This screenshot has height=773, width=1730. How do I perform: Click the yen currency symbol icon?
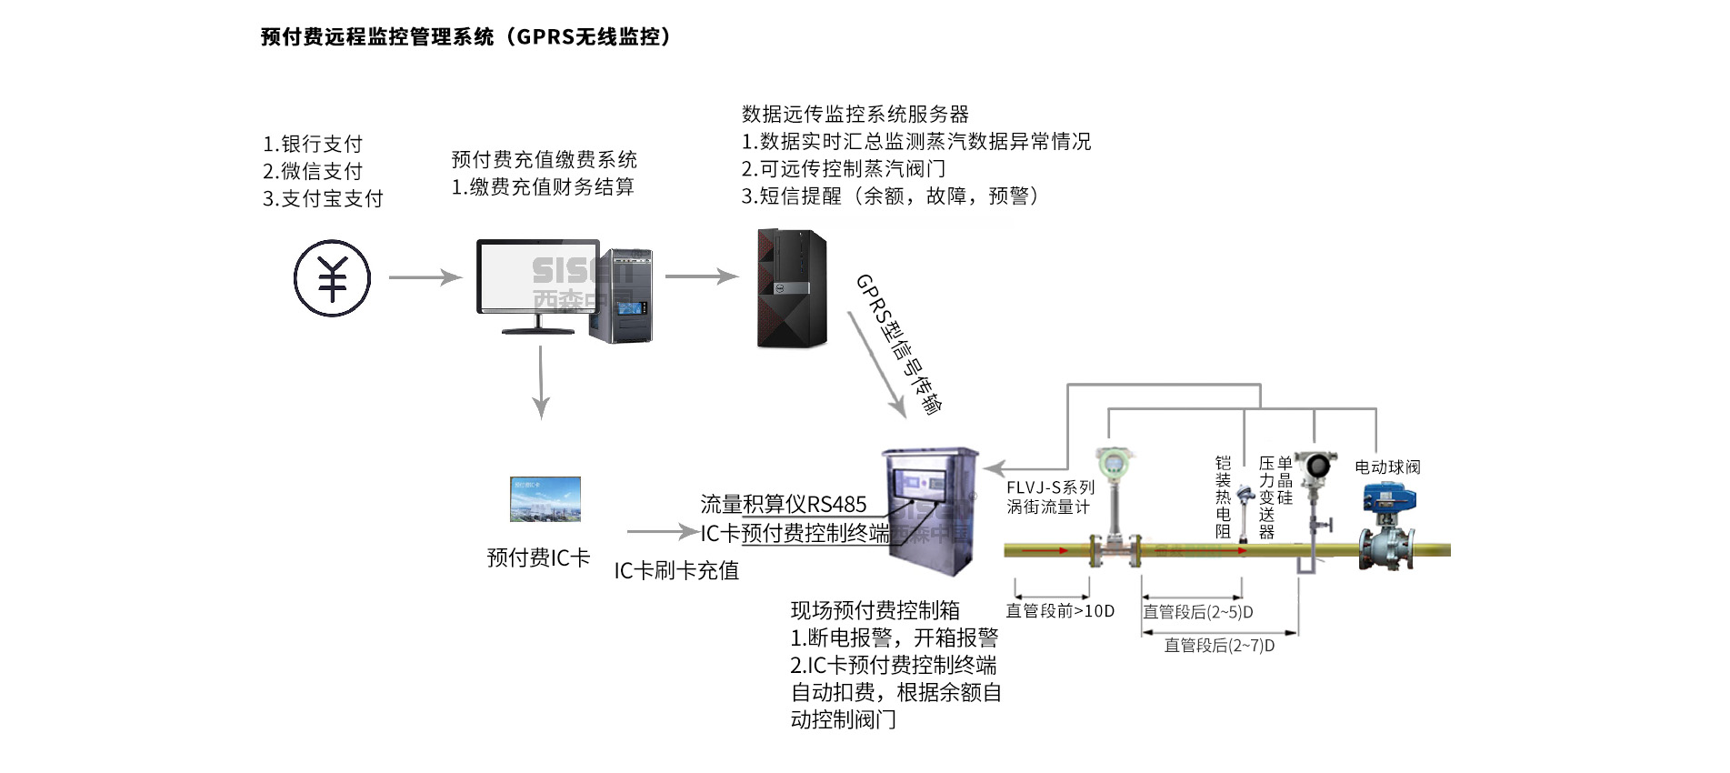332,278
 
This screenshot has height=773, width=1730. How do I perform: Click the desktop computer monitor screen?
537,276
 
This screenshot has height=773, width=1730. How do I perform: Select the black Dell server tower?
792,288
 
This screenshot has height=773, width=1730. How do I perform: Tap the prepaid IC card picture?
545,499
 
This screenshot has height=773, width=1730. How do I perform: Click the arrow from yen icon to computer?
425,276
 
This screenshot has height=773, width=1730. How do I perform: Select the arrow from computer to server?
701,276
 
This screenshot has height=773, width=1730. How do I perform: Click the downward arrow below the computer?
541,382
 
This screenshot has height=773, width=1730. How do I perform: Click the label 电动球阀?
1387,467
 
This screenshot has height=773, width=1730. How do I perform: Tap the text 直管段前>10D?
1060,611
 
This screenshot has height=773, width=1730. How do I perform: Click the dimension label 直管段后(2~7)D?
1219,646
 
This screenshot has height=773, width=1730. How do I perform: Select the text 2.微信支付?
313,171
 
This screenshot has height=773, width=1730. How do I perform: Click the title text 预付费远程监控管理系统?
376,37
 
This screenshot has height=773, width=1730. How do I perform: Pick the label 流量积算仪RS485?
783,505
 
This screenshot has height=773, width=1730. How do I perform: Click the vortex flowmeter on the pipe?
1112,509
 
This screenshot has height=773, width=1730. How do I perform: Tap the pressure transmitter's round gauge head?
1314,465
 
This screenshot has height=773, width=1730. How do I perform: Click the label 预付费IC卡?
538,557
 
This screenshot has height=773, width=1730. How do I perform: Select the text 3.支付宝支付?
323,198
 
